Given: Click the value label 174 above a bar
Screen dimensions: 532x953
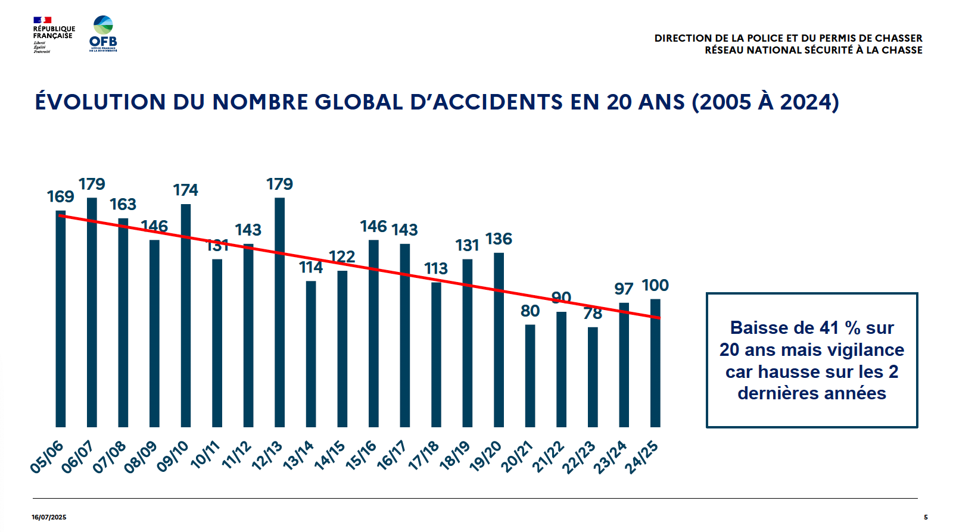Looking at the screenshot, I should point(185,190).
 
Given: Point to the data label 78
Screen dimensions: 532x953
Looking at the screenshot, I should point(593,314).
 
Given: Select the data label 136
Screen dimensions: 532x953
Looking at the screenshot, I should point(499,239).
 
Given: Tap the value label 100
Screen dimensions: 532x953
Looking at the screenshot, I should point(655,286).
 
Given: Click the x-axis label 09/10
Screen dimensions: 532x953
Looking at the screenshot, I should point(173,457).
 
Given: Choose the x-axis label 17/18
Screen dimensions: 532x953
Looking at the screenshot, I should point(423,456).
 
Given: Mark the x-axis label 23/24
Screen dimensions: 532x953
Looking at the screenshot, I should point(611,457).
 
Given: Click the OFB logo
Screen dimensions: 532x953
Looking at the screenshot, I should point(103,34).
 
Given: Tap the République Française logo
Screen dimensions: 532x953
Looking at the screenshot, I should point(54,35).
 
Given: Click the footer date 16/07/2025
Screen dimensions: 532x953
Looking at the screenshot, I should point(49,517).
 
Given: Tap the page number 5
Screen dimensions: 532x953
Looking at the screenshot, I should point(926,517).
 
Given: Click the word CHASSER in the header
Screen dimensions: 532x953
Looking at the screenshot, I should point(898,38).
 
